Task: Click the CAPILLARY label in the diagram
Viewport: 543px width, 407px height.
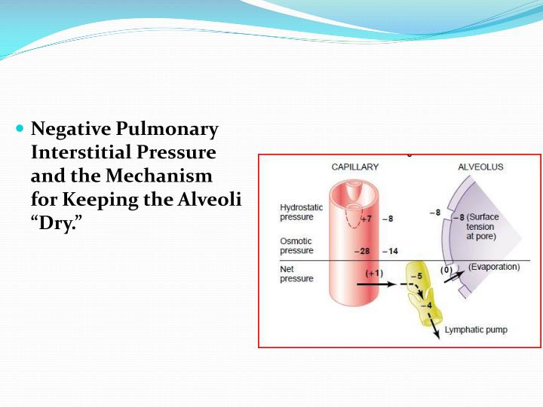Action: (x=355, y=167)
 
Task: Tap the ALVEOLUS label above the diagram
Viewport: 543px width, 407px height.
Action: (x=480, y=167)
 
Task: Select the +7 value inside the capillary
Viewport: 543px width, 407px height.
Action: (x=366, y=219)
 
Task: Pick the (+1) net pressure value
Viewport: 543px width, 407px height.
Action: (x=373, y=273)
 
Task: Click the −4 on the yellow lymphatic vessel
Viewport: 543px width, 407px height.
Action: (x=427, y=305)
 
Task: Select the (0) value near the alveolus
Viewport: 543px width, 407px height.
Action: (x=446, y=270)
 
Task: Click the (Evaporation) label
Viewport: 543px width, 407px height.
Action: (x=494, y=267)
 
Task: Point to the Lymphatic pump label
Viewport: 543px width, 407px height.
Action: (x=476, y=329)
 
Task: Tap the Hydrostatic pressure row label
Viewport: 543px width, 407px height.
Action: (x=301, y=212)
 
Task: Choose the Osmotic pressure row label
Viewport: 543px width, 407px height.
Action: (x=297, y=246)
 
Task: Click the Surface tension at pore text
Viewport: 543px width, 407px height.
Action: (x=480, y=226)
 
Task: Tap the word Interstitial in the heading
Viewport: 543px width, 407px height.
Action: (x=81, y=153)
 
